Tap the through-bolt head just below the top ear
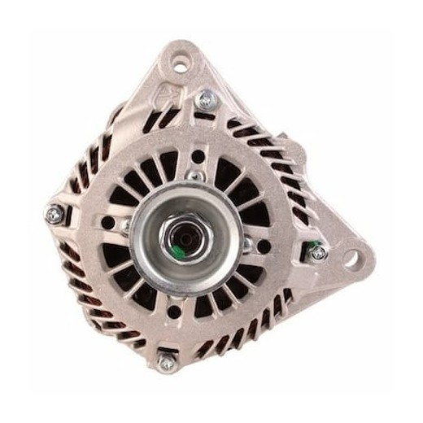click(205, 100)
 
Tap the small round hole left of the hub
click(109, 222)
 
